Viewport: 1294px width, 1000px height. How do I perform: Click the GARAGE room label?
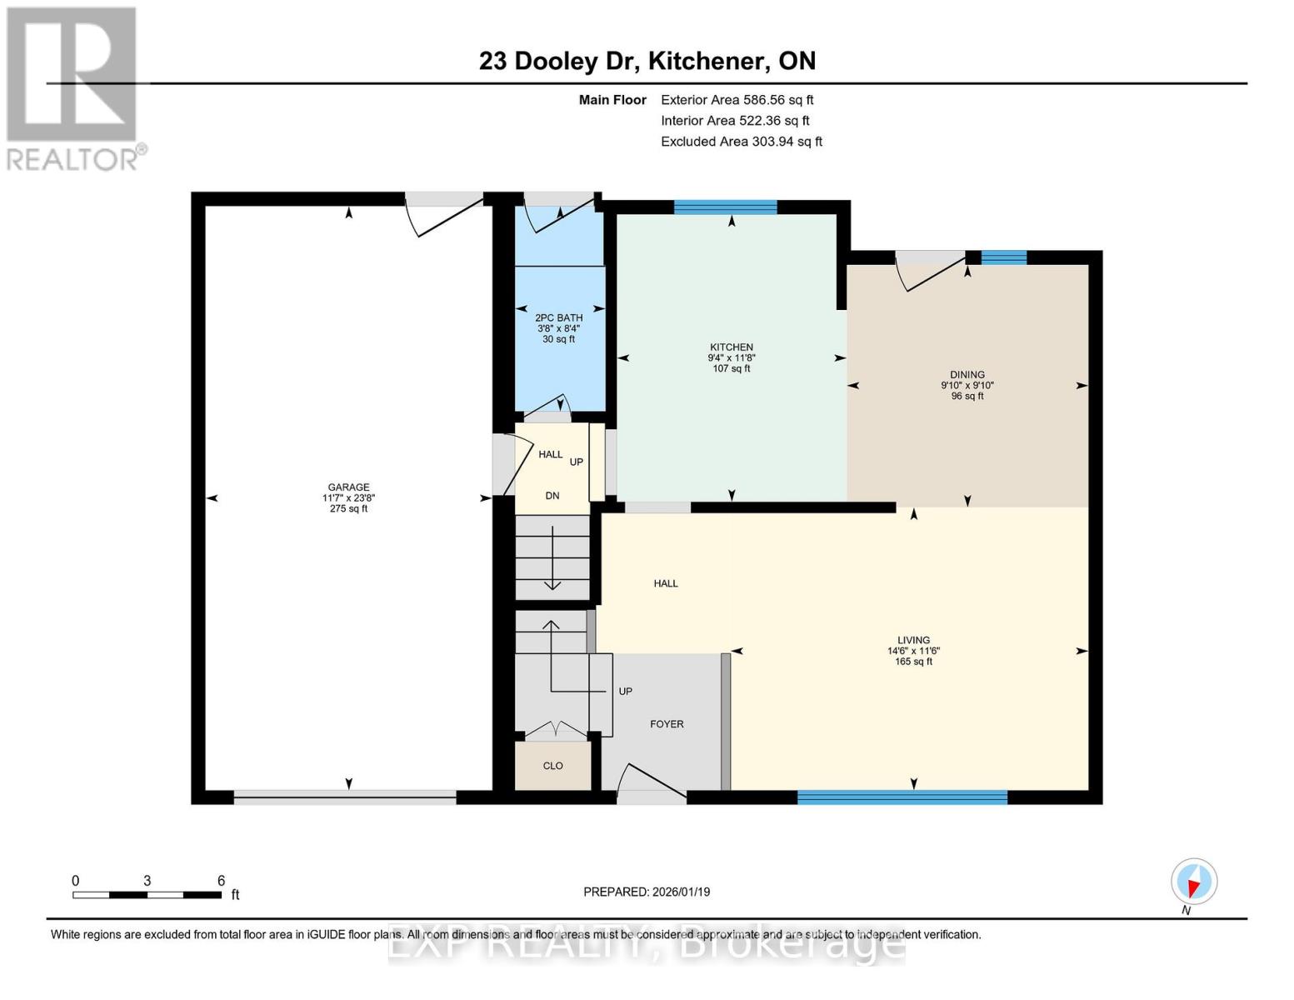348,487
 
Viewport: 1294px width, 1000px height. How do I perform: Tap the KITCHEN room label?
732,347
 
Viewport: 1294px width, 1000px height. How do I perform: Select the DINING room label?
967,375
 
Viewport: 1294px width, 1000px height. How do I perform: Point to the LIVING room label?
913,640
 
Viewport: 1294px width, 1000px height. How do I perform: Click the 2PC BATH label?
558,317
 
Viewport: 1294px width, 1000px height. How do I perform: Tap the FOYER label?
667,724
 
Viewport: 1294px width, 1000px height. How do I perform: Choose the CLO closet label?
553,766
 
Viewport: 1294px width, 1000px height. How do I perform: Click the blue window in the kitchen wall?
725,207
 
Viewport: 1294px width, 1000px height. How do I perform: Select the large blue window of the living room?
902,797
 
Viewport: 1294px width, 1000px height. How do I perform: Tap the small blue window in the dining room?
1003,257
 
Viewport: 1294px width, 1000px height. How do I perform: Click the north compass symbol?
1194,882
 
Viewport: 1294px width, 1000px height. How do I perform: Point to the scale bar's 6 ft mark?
221,881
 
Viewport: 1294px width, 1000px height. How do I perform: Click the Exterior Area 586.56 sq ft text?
737,100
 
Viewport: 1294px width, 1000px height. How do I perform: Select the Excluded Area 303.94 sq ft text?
741,142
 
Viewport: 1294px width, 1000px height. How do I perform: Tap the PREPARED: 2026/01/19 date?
647,892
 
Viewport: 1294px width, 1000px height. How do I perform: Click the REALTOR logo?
72,88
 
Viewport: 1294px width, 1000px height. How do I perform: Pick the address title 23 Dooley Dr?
647,61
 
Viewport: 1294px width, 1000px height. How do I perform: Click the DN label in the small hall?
552,496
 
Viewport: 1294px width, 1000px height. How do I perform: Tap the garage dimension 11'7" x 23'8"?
348,498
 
